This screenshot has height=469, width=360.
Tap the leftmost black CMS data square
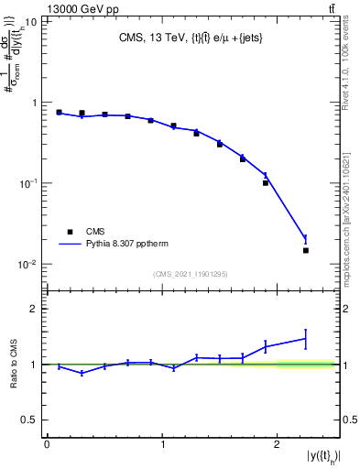point(59,113)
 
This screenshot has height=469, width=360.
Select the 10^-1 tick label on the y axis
point(29,183)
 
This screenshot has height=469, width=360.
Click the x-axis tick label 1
point(162,444)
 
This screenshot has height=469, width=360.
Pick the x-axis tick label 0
point(47,444)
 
